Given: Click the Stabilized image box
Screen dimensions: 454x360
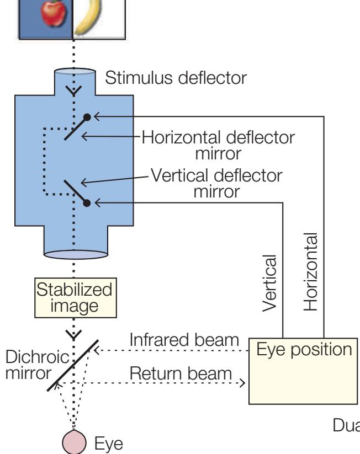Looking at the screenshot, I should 73,296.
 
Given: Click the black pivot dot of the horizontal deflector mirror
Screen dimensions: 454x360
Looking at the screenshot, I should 87,117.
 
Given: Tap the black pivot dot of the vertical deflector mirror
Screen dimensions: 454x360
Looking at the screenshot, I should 87,203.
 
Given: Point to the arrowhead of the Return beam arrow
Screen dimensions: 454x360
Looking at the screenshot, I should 242,382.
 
